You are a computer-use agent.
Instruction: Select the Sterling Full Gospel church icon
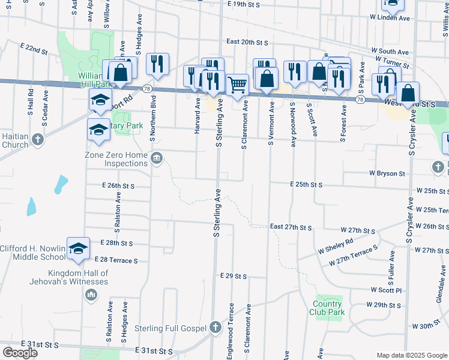216,328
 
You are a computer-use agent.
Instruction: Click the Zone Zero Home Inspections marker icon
157,158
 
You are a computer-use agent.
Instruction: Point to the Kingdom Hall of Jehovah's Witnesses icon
91,294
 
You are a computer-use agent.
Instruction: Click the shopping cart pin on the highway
238,86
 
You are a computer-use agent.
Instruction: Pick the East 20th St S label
247,42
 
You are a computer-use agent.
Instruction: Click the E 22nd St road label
34,49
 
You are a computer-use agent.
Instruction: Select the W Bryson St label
387,173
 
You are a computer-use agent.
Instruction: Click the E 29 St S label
234,276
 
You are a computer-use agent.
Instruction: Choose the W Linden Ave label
390,18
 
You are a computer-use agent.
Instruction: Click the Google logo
20,353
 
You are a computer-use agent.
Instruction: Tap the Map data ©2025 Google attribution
411,355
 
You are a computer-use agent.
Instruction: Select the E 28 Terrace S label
116,260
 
